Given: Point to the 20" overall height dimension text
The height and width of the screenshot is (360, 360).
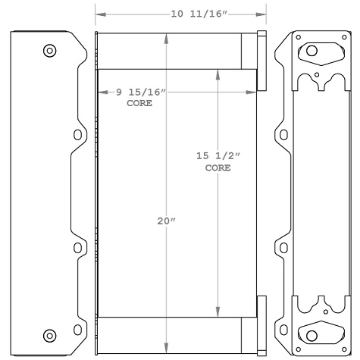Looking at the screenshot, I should coord(165,221).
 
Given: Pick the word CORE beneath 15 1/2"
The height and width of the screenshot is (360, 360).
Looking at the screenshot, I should coord(218,167).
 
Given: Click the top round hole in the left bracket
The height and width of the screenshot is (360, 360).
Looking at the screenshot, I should coord(50,51).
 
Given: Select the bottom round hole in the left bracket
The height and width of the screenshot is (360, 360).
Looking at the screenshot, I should coord(50,334).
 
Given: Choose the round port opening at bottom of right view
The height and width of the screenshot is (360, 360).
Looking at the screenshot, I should coord(312,334).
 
